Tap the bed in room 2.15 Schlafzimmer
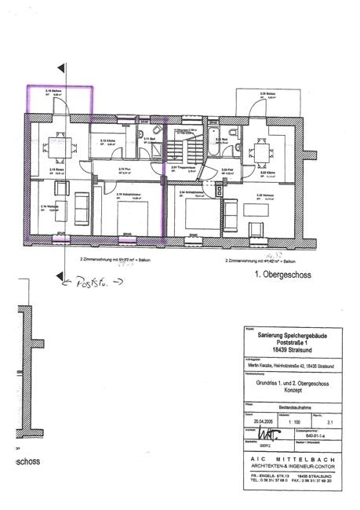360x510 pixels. [x=125, y=213]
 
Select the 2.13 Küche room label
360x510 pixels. [x=108, y=142]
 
